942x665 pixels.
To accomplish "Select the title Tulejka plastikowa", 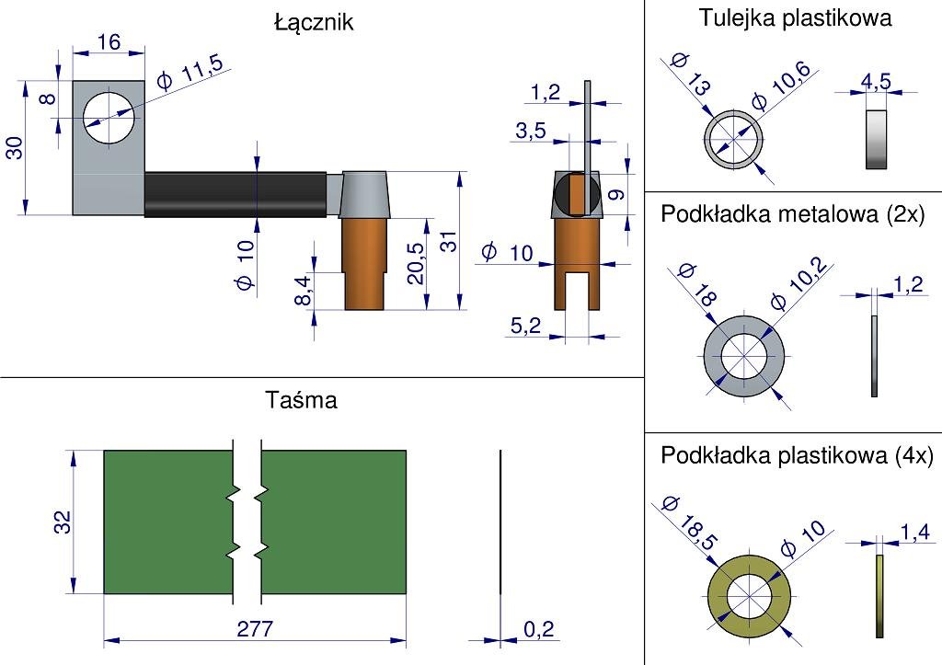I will click(x=795, y=17).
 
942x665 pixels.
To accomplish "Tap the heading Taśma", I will click(x=301, y=400).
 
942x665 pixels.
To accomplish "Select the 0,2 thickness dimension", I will click(x=539, y=629).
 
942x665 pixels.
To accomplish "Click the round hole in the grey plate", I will click(x=109, y=117).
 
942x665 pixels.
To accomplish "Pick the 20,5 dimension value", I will click(x=416, y=264).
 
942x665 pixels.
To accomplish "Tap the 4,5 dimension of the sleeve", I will click(x=875, y=82).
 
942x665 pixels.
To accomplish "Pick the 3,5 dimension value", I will click(x=531, y=132).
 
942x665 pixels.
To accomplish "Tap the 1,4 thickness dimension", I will click(x=914, y=531).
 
